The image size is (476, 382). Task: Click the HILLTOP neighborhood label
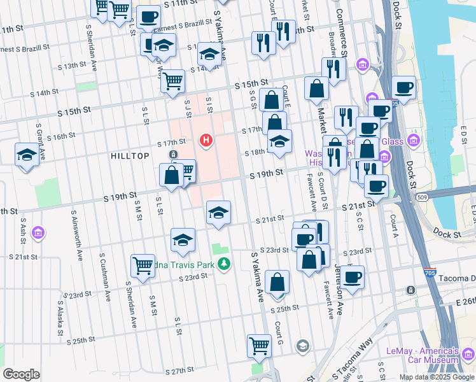130,156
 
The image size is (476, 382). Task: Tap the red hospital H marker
206,139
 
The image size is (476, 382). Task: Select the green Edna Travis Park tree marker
223,264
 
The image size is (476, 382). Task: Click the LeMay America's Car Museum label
431,355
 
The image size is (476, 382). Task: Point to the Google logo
21,374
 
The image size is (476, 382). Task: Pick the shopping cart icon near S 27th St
259,346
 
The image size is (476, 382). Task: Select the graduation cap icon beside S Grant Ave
27,155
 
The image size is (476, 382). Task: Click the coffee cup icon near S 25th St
352,276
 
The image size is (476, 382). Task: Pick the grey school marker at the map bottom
303,346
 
